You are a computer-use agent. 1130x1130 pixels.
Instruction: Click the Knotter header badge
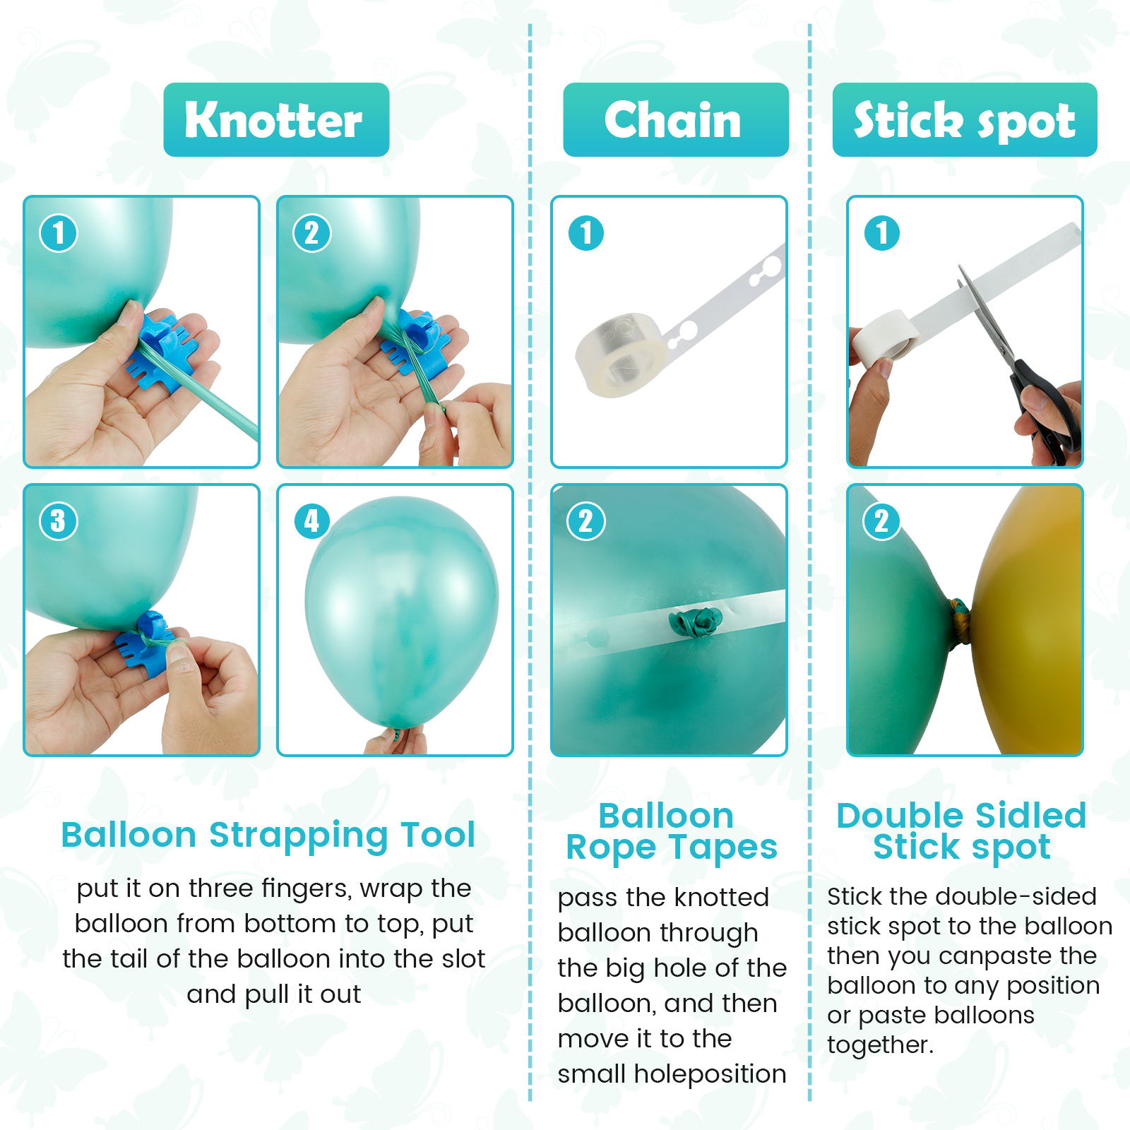276,119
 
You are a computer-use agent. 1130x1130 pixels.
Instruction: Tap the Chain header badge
676,119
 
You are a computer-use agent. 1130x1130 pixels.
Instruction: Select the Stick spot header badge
965,119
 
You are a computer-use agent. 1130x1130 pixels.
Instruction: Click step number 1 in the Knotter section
59,233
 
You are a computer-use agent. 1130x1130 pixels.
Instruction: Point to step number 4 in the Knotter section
312,521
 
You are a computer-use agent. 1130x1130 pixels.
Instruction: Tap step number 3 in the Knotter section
59,521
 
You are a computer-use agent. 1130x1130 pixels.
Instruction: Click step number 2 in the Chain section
586,521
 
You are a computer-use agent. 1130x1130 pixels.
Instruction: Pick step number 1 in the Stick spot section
882,233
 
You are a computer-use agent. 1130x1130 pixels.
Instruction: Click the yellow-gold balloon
1028,619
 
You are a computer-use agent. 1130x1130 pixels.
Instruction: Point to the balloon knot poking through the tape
696,622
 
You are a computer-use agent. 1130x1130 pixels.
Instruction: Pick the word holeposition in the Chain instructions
710,1074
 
